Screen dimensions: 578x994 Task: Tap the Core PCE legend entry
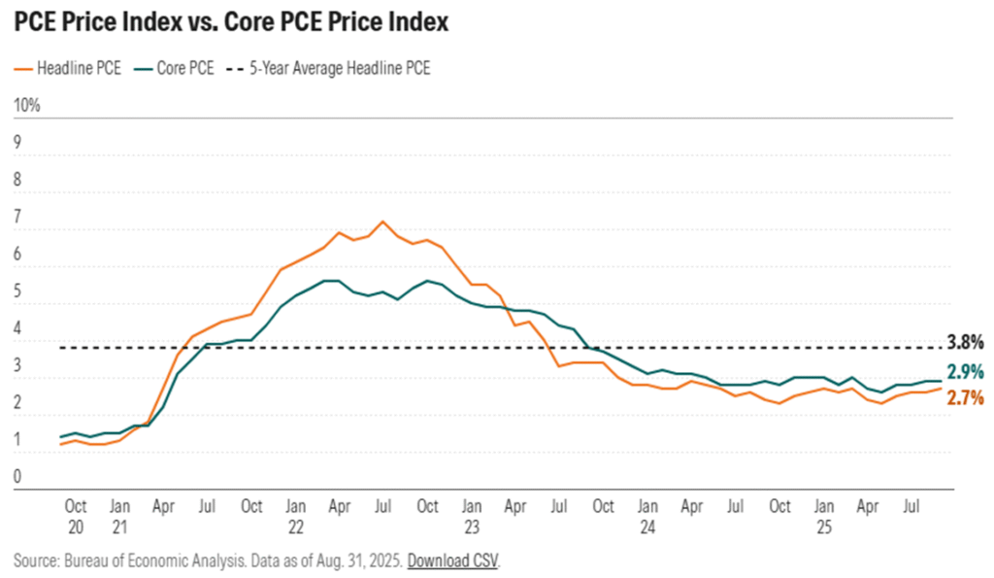(180, 68)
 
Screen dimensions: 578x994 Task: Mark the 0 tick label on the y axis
(17, 476)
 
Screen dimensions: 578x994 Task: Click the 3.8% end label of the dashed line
(966, 342)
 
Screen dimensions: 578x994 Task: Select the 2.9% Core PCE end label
(966, 371)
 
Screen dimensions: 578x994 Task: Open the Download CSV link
(453, 561)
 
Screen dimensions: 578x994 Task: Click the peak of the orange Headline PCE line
(382, 221)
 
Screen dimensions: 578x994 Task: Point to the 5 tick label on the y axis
(17, 289)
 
